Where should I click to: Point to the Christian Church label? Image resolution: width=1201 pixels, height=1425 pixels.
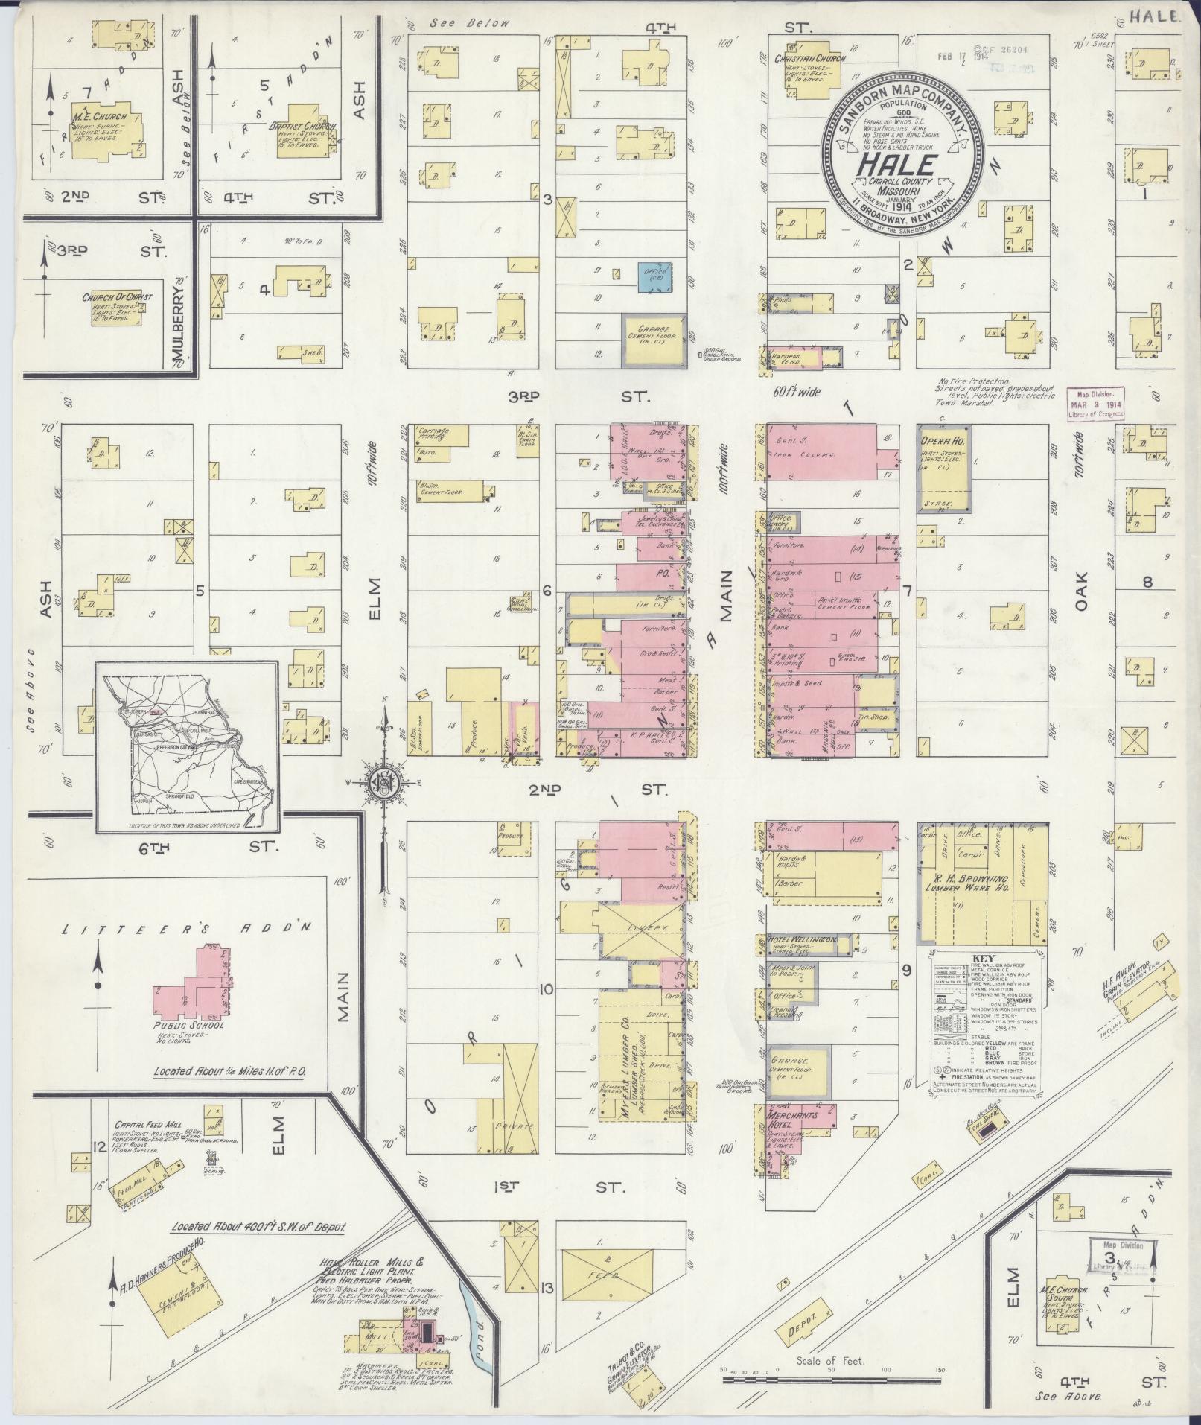(x=805, y=59)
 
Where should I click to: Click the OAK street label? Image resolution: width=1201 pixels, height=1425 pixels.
(x=1081, y=591)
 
